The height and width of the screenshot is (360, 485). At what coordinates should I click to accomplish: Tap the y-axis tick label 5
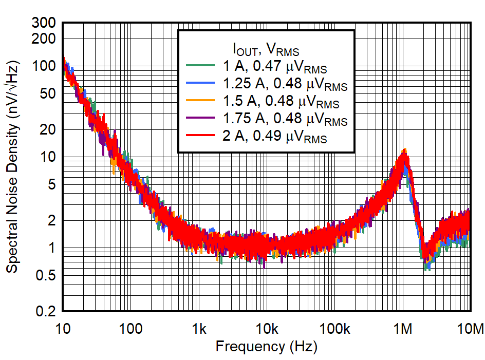pos(52,184)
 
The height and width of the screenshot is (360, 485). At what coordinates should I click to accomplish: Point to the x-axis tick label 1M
pos(403,328)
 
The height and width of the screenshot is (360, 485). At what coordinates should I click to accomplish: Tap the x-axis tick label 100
pos(131,328)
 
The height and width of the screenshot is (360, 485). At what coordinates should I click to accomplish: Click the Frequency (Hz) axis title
pos(266,347)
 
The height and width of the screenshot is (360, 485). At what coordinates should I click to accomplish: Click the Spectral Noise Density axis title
pos(13,167)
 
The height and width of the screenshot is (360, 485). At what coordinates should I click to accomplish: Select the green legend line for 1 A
pos(199,65)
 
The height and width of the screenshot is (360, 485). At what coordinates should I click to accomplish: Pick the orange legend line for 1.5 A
pos(199,101)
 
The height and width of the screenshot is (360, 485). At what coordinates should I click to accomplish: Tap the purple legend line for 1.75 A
pos(199,119)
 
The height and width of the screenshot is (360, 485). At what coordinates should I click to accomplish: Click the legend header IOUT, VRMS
pos(266,50)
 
